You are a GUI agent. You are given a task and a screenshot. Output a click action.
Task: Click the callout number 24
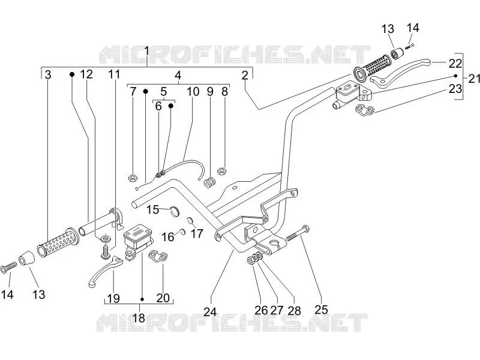pos(211,311)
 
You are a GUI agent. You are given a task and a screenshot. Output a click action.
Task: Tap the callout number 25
pos(321,310)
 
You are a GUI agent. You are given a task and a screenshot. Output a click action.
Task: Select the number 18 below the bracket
pos(139,318)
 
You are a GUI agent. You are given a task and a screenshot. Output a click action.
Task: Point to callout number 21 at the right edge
pos(474,79)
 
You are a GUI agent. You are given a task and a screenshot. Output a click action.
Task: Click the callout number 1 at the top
pos(146,51)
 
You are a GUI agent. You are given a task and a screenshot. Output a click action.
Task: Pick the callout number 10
pos(193,91)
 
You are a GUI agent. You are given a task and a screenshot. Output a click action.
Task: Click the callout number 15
pos(152,210)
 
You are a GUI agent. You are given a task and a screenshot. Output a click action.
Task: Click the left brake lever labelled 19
pos(105,271)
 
